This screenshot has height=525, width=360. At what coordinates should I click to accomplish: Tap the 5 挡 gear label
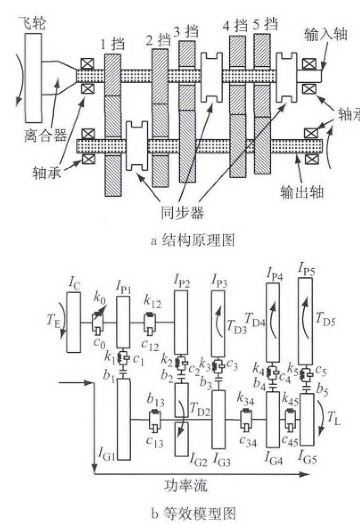pyautogui.click(x=265, y=23)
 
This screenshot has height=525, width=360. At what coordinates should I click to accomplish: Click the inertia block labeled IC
pyautogui.click(x=74, y=323)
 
